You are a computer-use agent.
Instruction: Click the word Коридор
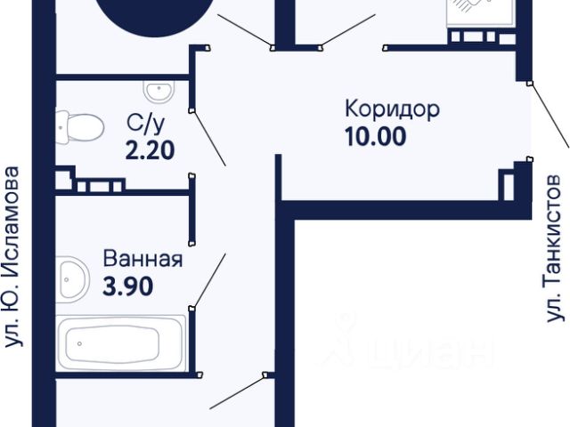coord(392,111)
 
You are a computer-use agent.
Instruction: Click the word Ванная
coord(142,260)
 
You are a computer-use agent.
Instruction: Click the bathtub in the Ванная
coord(121,342)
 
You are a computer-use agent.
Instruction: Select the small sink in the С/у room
coord(161,91)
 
